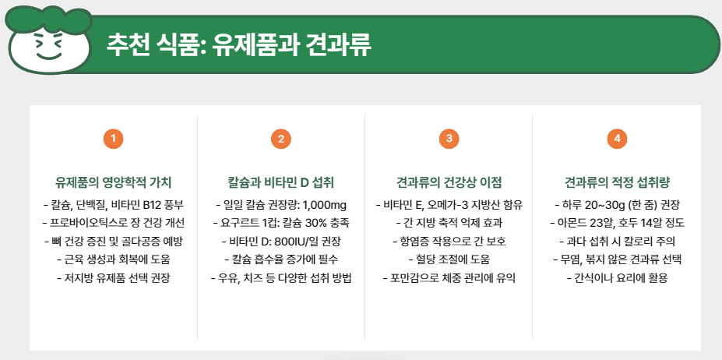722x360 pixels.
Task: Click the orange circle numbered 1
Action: pos(114,139)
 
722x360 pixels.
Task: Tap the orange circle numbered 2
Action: pos(280,139)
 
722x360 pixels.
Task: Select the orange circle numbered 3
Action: pos(449,139)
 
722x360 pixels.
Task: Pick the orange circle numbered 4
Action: pos(617,139)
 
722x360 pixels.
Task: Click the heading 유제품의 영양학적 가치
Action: pos(114,183)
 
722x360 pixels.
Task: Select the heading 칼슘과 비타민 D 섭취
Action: pos(280,183)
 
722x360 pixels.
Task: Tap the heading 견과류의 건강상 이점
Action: pos(449,183)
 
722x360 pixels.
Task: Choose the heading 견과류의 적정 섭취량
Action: pos(617,183)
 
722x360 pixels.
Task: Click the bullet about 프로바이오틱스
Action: pos(114,223)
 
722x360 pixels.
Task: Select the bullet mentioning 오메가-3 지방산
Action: pos(449,205)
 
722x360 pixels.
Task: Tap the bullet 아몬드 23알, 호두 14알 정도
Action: pos(617,223)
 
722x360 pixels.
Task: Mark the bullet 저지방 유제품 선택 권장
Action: pos(114,277)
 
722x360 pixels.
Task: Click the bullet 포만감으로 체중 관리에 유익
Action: pos(449,277)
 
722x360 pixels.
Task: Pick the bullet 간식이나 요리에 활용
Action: pos(617,277)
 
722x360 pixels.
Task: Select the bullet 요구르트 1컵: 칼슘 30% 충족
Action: pos(280,223)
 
